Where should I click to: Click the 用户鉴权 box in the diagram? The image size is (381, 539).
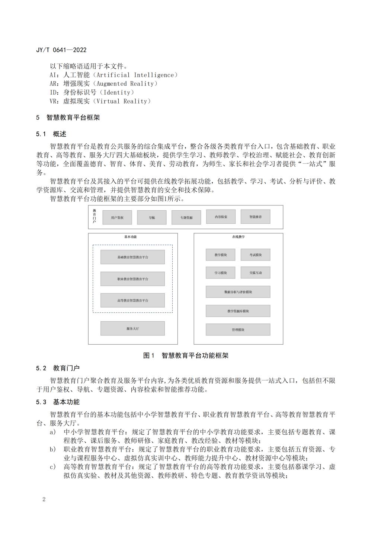click(x=117, y=217)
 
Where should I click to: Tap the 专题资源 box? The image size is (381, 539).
click(x=186, y=217)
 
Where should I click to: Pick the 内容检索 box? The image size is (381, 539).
click(x=221, y=217)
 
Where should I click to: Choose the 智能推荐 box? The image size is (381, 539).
click(x=255, y=217)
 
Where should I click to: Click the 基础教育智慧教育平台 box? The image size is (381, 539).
click(x=132, y=257)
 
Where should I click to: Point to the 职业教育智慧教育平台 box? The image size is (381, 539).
click(x=132, y=279)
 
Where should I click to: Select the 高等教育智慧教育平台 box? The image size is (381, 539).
click(x=132, y=300)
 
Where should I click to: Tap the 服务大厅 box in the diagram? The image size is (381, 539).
click(x=132, y=329)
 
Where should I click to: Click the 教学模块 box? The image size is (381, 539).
click(x=220, y=255)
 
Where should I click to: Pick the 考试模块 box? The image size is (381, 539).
click(x=255, y=255)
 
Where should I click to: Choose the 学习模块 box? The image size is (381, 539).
click(x=220, y=273)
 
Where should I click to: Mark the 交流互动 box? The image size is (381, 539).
click(x=255, y=273)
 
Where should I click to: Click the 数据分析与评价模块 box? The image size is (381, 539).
click(x=238, y=292)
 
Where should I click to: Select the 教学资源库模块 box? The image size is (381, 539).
click(x=238, y=311)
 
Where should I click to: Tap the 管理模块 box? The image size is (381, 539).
click(x=238, y=330)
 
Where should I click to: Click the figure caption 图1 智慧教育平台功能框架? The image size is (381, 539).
click(x=186, y=355)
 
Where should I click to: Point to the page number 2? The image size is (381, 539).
click(x=44, y=499)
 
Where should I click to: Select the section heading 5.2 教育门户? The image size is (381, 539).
click(x=58, y=368)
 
